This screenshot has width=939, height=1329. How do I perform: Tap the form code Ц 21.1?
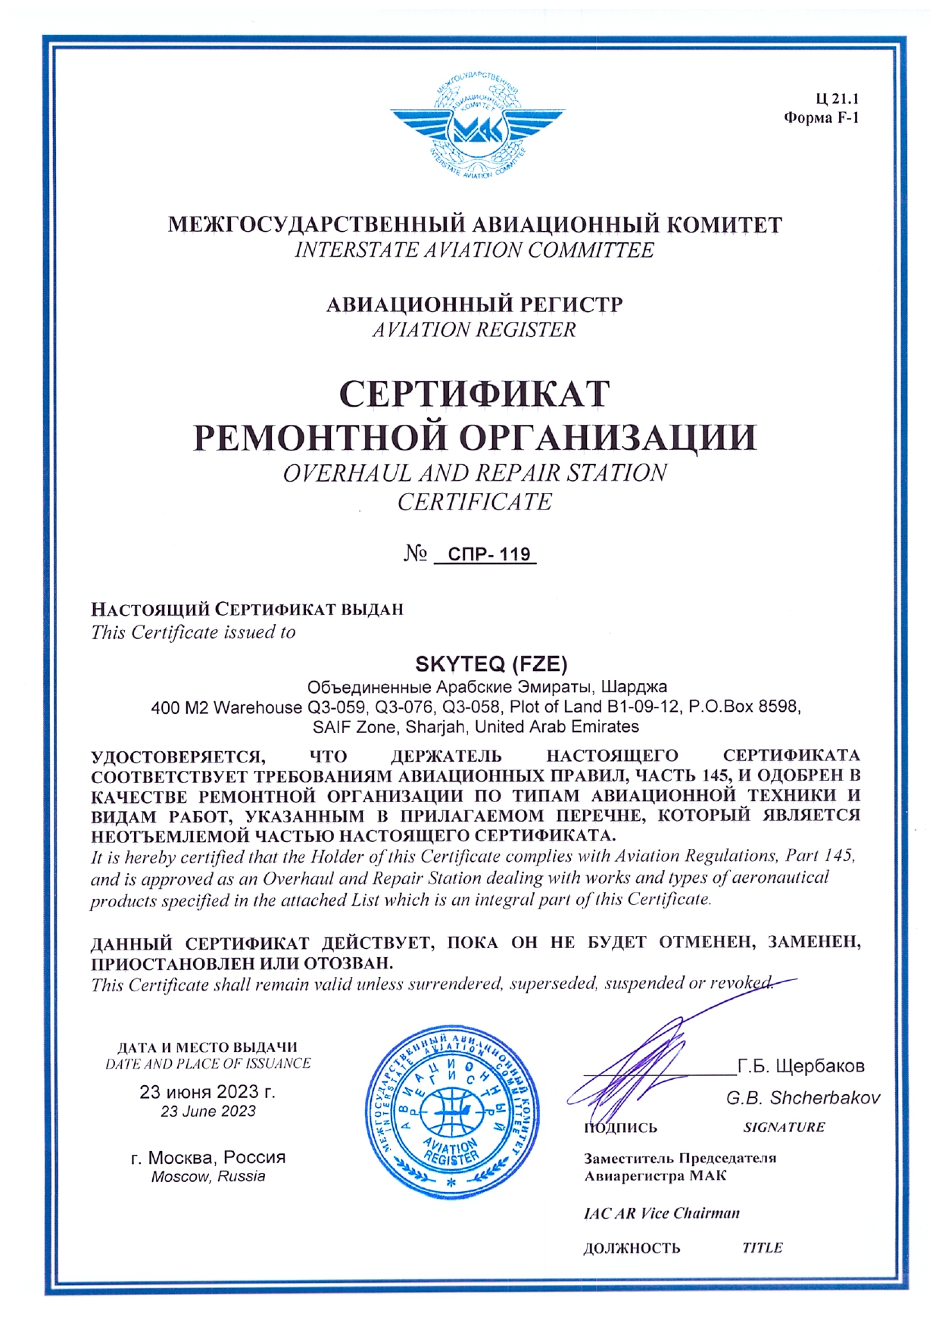pyautogui.click(x=837, y=98)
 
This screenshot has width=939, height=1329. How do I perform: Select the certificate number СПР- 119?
pyautogui.click(x=488, y=554)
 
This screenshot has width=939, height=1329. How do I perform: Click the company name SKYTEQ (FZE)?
pyautogui.click(x=491, y=664)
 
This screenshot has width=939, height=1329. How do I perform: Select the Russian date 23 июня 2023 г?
pyautogui.click(x=207, y=1092)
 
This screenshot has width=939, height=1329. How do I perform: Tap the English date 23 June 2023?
pyautogui.click(x=207, y=1112)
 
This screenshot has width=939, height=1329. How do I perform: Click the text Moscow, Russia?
pyautogui.click(x=207, y=1177)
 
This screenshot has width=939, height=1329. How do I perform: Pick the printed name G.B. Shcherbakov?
pyautogui.click(x=803, y=1098)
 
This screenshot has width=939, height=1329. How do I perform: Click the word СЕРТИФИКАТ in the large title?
pyautogui.click(x=474, y=394)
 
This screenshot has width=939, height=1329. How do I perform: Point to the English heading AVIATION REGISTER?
pyautogui.click(x=474, y=330)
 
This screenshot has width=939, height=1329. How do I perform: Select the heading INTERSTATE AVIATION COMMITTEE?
pyautogui.click(x=474, y=250)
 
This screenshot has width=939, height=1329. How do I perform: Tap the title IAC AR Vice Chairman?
pyautogui.click(x=661, y=1213)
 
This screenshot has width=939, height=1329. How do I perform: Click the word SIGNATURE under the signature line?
pyautogui.click(x=784, y=1128)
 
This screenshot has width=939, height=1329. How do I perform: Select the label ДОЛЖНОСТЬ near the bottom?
pyautogui.click(x=632, y=1248)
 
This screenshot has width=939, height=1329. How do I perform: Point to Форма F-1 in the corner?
pyautogui.click(x=821, y=118)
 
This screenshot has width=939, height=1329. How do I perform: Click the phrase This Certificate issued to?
pyautogui.click(x=193, y=632)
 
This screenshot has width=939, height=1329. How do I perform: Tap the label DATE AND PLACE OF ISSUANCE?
pyautogui.click(x=207, y=1064)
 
